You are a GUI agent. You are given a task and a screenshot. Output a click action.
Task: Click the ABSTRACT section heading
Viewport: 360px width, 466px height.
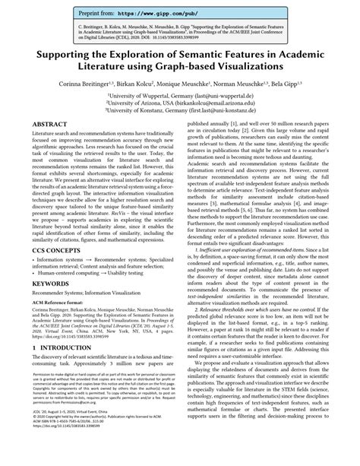(x=49, y=144)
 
